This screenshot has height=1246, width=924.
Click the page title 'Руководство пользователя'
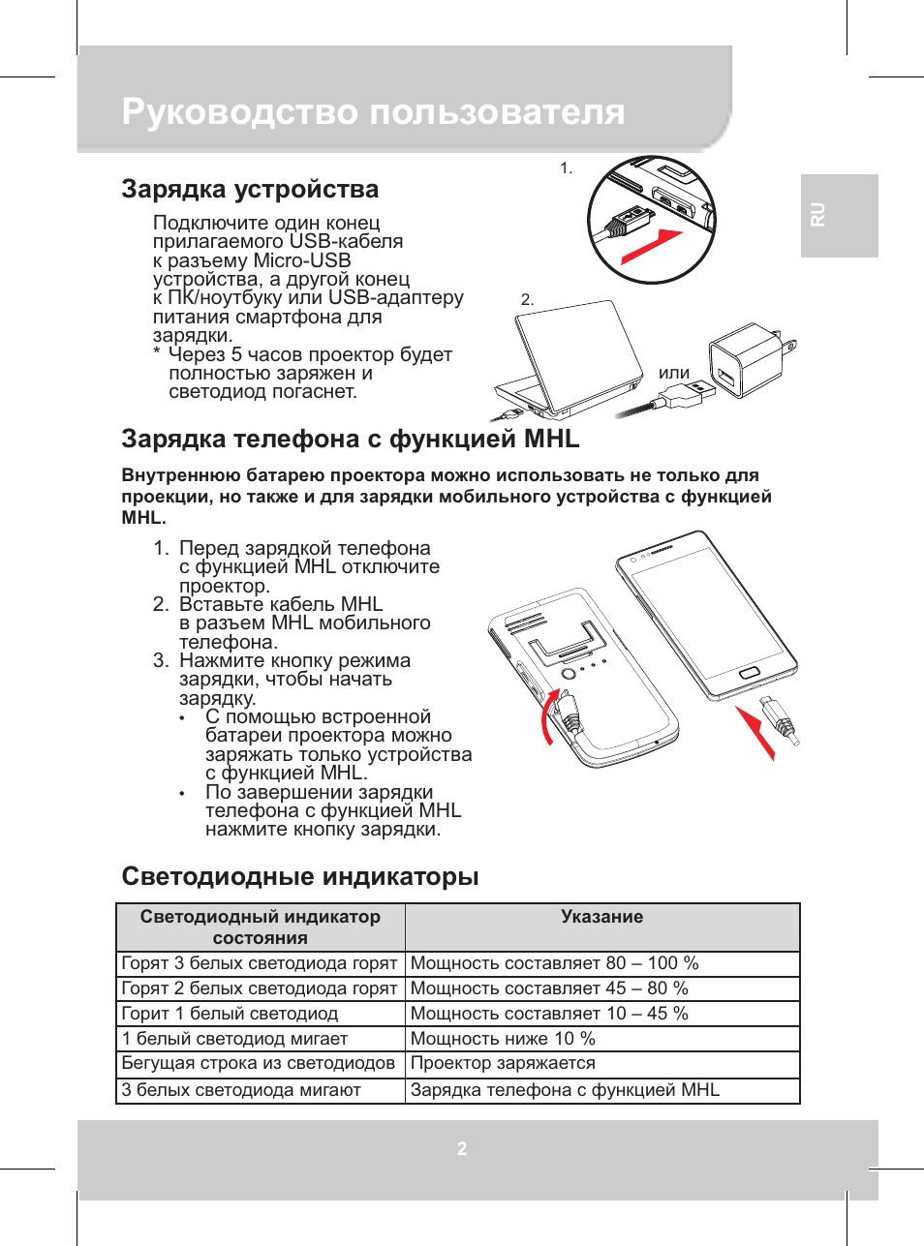373,112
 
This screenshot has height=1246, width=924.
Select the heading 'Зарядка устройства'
250,189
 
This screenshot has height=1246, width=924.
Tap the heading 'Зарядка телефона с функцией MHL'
350,439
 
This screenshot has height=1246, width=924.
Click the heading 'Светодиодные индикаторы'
300,876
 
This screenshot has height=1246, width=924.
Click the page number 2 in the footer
462,1149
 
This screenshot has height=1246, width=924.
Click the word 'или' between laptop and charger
674,373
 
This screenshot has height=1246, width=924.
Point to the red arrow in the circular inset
652,247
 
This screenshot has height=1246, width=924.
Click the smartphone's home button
750,672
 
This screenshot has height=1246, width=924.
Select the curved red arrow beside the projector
549,716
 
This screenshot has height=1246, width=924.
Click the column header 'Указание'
601,917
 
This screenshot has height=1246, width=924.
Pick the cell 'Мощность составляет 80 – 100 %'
554,963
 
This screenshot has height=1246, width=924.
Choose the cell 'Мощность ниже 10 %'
503,1039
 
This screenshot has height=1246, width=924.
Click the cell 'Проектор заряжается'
503,1063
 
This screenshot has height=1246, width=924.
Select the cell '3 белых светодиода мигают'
241,1090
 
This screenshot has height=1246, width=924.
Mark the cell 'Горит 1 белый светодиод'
230,1014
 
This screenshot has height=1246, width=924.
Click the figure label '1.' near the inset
567,168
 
